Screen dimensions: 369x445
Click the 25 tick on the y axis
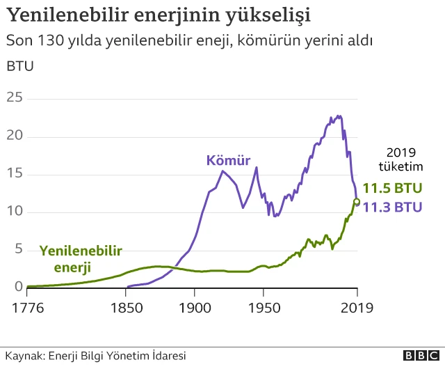point(14,98)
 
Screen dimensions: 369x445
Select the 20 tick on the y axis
point(14,136)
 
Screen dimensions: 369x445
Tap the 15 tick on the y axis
point(14,174)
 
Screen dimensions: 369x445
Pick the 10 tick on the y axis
point(14,212)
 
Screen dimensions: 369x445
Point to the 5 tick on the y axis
point(19,249)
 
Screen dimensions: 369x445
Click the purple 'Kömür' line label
point(228,160)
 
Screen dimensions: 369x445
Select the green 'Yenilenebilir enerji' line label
point(81,258)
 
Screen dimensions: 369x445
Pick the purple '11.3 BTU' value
point(394,207)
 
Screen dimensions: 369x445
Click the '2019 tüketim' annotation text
point(400,159)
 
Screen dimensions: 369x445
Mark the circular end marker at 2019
point(357,202)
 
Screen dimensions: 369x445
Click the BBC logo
point(418,356)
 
